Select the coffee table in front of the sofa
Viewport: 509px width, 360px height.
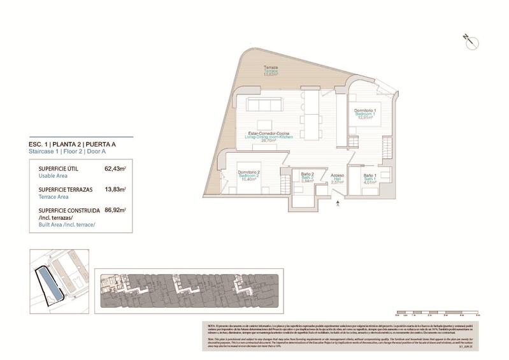[x=265, y=125]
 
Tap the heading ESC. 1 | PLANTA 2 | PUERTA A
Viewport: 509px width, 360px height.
[x=72, y=145]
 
